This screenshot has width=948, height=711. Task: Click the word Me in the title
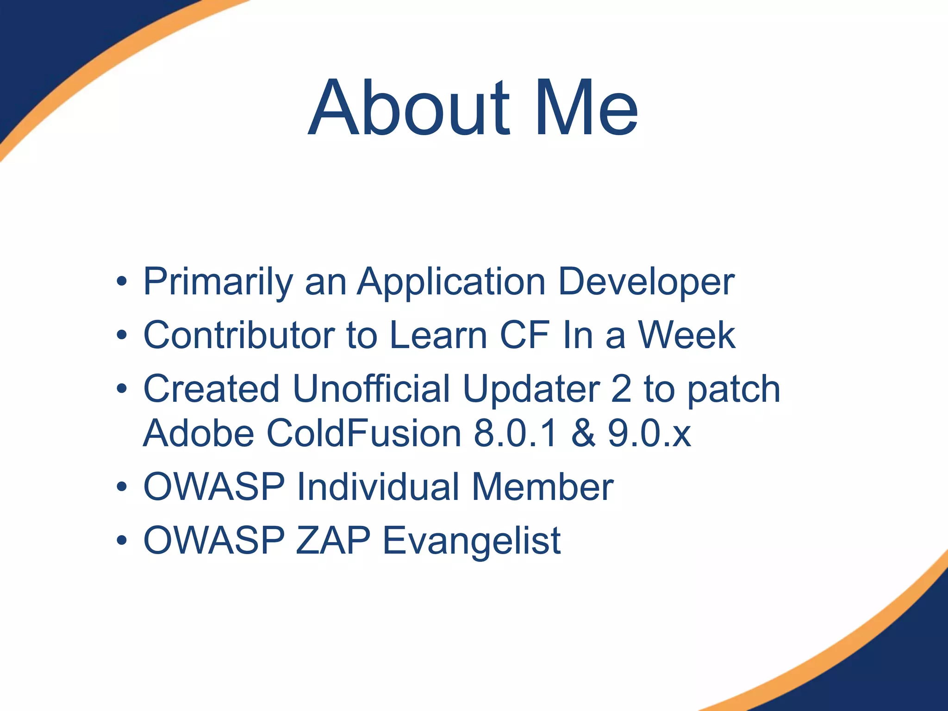coord(586,109)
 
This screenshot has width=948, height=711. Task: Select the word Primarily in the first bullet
coord(218,282)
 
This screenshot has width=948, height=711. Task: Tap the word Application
coord(451,282)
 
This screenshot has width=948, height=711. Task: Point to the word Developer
coord(646,282)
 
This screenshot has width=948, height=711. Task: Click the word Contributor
coord(239,335)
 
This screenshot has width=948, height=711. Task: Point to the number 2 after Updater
coord(621,389)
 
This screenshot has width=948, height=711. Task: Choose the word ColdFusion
coord(364,433)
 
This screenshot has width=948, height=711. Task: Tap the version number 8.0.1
coord(515,433)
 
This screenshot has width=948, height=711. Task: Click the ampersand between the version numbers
coord(583,433)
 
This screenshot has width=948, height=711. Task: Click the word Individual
coord(378,487)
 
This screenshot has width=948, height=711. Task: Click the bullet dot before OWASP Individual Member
coord(122,487)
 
